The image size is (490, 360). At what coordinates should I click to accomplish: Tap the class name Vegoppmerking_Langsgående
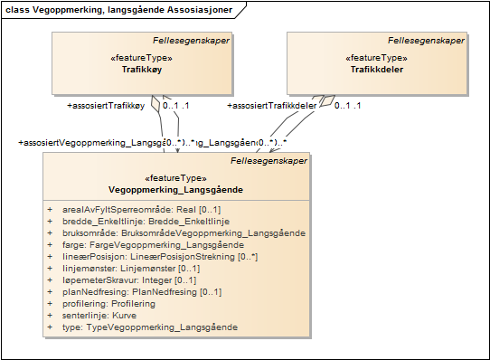pyautogui.click(x=176, y=190)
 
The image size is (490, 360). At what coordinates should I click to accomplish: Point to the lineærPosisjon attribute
pyautogui.click(x=159, y=256)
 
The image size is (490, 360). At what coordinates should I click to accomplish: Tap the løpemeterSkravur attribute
pyautogui.click(x=133, y=279)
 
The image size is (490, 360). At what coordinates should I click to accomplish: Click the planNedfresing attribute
pyautogui.click(x=141, y=291)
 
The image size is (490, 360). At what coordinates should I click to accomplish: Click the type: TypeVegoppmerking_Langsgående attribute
pyautogui.click(x=149, y=327)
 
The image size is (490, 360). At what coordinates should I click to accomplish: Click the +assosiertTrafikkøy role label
pyautogui.click(x=107, y=106)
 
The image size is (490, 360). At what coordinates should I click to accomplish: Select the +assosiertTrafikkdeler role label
pyautogui.click(x=270, y=106)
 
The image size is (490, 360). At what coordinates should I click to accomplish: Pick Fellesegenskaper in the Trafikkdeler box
pyautogui.click(x=426, y=40)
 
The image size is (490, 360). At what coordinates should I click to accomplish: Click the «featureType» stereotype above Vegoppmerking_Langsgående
pyautogui.click(x=175, y=178)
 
